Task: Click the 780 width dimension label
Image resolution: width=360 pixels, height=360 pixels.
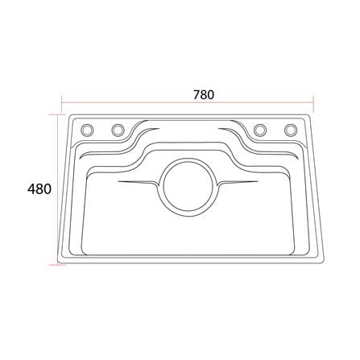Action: [204, 95]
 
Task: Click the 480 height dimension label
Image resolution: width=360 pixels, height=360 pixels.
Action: [39, 189]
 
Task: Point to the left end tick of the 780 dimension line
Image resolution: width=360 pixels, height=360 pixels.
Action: [62, 102]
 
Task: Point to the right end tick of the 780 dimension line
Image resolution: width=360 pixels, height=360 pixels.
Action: [313, 102]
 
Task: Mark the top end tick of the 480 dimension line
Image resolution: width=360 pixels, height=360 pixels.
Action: [57, 114]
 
